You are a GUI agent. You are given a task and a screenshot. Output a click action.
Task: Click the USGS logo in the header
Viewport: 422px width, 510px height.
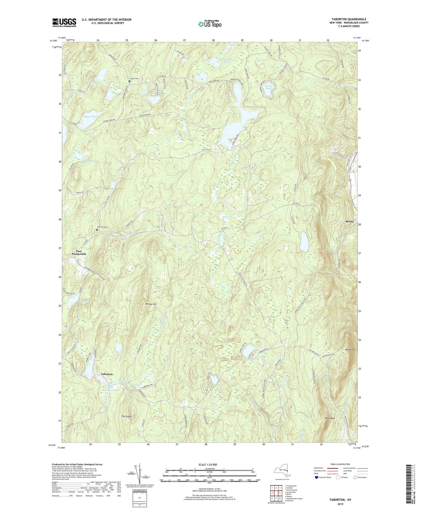tap(64, 22)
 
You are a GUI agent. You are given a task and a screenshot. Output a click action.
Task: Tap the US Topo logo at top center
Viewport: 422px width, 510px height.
tap(210, 24)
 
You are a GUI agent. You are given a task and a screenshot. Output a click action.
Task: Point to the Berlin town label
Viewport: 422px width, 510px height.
tap(350, 222)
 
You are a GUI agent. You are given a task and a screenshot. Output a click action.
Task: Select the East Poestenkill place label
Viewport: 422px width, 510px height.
tap(79, 253)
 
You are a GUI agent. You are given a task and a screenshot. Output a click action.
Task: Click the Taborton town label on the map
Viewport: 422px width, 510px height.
tap(107, 374)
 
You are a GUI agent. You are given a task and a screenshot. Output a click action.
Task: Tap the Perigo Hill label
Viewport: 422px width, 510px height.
tap(151, 304)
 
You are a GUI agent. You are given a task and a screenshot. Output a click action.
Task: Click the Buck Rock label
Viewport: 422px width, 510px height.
tap(330, 418)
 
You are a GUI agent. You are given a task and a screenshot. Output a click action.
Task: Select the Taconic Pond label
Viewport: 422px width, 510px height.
tap(269, 87)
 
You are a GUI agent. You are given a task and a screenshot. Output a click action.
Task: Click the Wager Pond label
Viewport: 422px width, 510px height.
tap(90, 117)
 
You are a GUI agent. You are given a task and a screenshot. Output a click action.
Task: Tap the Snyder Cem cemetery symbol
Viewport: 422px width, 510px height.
tap(129, 81)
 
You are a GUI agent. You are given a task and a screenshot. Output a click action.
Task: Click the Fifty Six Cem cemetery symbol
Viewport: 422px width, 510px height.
tap(97, 230)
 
